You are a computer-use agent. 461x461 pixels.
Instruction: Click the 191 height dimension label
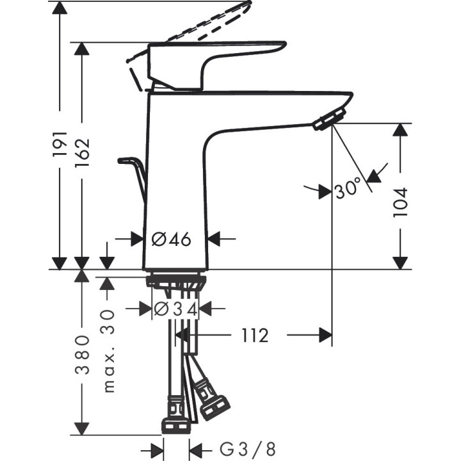coord(60,143)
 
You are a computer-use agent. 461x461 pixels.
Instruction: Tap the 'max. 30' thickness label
coord(108,350)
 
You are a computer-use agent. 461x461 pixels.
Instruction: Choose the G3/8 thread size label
coord(246,449)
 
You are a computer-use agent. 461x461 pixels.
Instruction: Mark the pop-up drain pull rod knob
coord(126,161)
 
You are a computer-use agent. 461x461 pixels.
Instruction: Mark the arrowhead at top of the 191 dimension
coord(60,8)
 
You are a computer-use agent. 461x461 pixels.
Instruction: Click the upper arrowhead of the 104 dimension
coord(400,129)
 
